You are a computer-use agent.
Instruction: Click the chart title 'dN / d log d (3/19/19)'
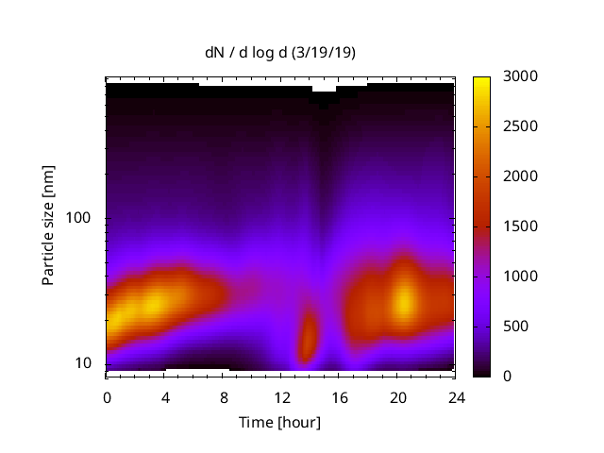pos(280,53)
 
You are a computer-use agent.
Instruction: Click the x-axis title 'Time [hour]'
pos(280,422)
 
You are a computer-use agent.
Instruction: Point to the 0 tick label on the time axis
pos(107,396)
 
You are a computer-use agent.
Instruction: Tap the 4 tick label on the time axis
pos(165,396)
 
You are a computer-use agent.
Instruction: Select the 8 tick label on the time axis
pos(223,396)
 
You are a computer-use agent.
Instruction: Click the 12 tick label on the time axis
pos(281,396)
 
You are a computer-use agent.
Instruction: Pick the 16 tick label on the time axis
pos(339,396)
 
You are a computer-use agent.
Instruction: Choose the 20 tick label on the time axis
pos(397,396)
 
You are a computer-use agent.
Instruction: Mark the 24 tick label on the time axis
pos(455,396)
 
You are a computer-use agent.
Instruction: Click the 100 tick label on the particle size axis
pos(80,219)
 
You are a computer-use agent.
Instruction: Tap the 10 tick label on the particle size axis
pos(85,363)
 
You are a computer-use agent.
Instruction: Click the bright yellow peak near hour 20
pos(404,300)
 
